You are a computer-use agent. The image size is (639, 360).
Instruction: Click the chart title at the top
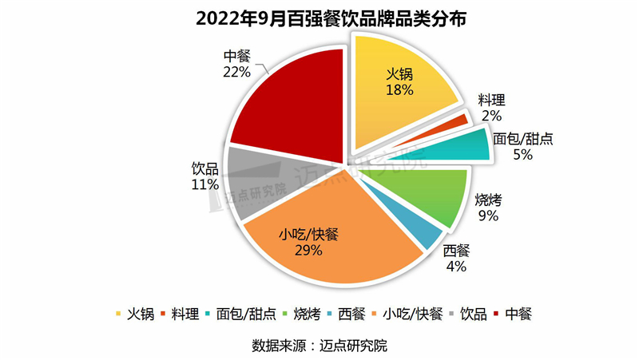(x=319, y=18)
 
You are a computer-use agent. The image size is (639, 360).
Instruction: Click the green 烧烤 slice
(x=431, y=196)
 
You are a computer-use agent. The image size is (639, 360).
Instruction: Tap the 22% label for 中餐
(x=237, y=72)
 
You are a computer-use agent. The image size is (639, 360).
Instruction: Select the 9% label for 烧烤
(x=488, y=216)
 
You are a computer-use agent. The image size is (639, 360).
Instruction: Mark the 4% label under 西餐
(x=456, y=267)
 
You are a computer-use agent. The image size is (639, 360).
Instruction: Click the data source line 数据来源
(x=319, y=346)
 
